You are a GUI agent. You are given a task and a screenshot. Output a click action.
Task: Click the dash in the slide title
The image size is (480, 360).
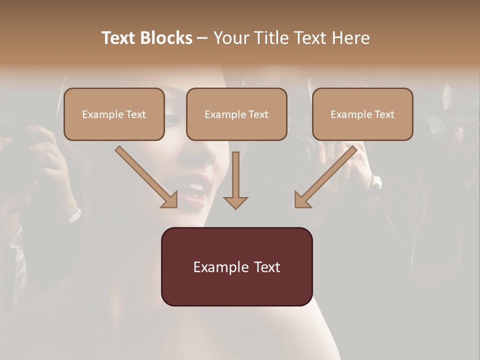pyautogui.click(x=202, y=38)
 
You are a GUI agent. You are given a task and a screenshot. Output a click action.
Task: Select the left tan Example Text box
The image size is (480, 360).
pyautogui.click(x=114, y=114)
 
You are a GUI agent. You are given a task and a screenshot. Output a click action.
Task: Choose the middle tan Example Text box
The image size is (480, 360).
pyautogui.click(x=236, y=114)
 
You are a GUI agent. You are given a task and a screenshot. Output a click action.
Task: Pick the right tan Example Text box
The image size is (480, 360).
pyautogui.click(x=362, y=114)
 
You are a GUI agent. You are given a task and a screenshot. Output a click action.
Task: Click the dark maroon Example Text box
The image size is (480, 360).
pyautogui.click(x=236, y=266)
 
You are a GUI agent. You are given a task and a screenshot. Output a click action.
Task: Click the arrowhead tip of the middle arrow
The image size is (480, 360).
pyautogui.click(x=235, y=207)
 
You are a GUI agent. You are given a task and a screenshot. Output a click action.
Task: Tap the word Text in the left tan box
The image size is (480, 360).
pyautogui.click(x=135, y=114)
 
